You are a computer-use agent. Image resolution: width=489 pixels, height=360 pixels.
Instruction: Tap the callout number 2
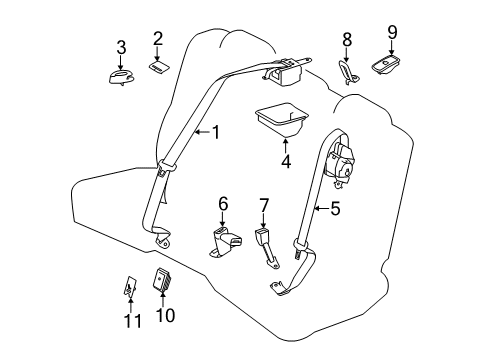(157, 39)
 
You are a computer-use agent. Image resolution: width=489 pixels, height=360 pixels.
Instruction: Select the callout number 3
(121, 47)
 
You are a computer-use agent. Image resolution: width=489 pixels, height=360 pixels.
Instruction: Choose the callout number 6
(223, 203)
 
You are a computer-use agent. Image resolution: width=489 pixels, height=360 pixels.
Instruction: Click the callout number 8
(347, 40)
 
